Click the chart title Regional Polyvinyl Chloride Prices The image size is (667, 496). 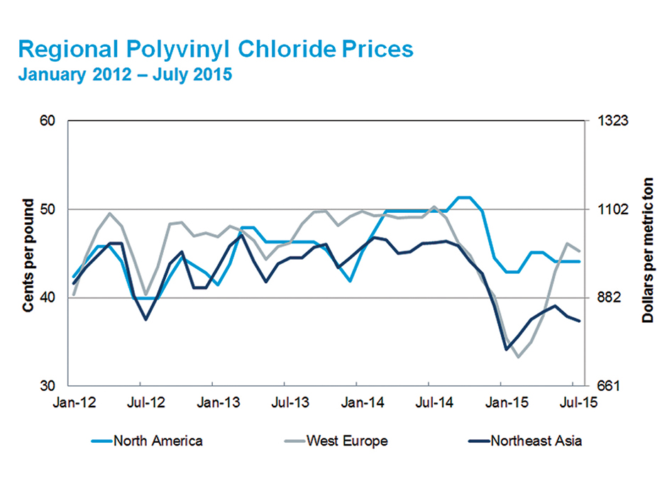tap(215, 50)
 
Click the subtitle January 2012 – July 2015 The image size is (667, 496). tap(125, 74)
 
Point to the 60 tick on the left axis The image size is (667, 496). tap(47, 121)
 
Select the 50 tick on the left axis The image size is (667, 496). tap(47, 209)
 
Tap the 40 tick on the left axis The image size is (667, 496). tap(47, 298)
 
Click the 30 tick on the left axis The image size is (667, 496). tap(47, 387)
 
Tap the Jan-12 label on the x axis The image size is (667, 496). tap(73, 402)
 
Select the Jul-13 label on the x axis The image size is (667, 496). tap(290, 402)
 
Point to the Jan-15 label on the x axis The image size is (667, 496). tap(506, 402)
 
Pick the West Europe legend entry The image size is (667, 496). tap(347, 441)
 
